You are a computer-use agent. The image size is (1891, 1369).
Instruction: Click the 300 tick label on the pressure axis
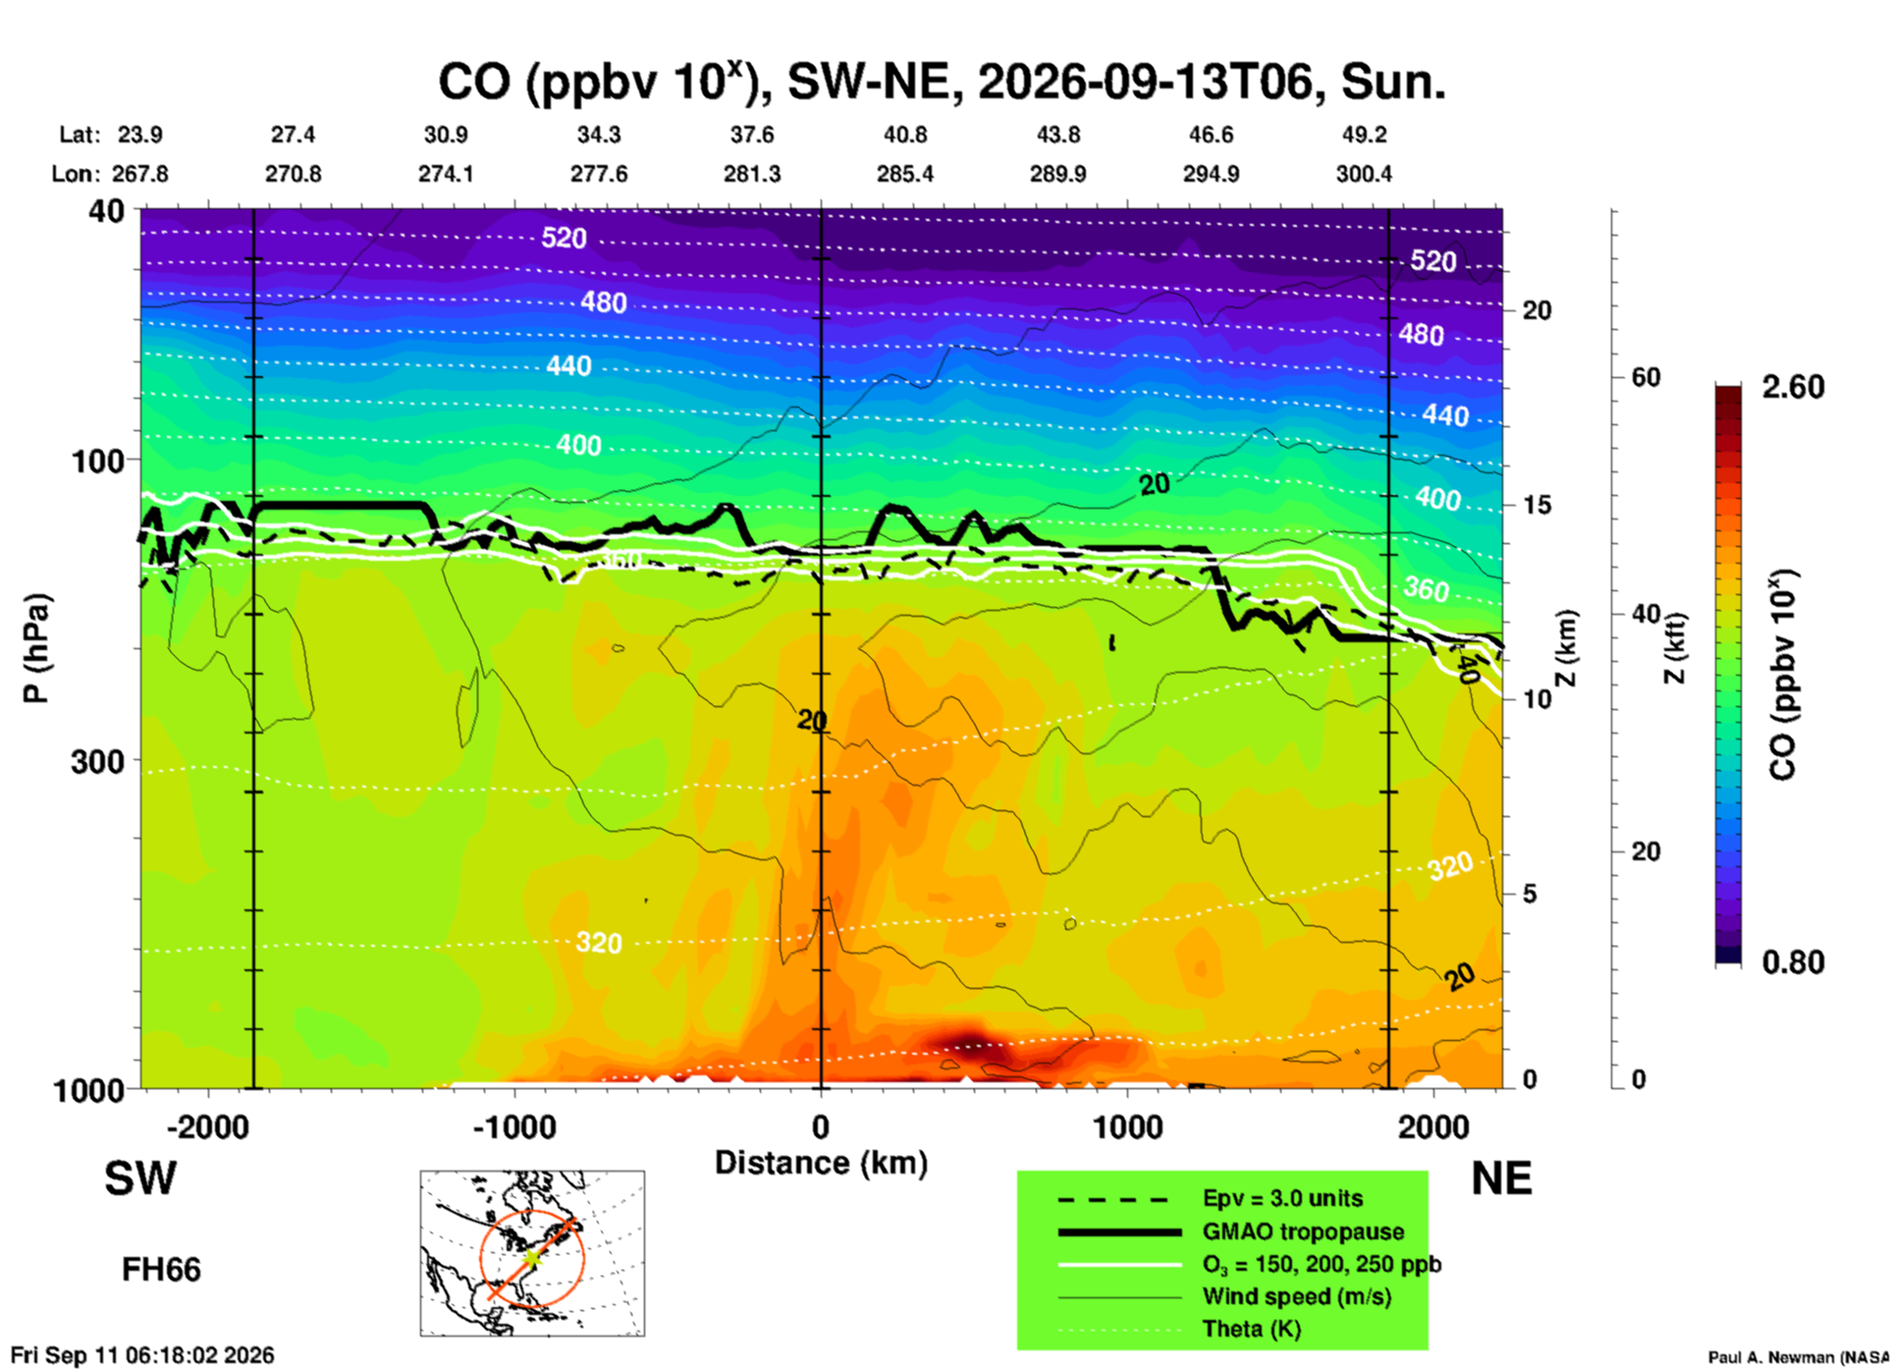coord(97,761)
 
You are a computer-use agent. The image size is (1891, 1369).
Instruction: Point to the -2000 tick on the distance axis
coord(208,1126)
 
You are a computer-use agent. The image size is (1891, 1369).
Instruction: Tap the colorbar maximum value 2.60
coord(1793,387)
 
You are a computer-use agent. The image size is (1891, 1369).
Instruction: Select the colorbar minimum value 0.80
coord(1793,962)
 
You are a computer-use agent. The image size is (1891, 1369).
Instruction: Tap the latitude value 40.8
coord(905,135)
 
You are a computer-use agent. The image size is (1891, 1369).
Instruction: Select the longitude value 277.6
coord(599,174)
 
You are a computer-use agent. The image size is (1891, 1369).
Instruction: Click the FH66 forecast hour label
coord(161,1270)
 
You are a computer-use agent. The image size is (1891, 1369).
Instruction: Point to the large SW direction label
coord(140,1178)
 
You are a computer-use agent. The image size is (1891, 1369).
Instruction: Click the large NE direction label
coord(1501,1178)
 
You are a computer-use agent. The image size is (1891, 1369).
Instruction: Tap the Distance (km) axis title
coord(821,1163)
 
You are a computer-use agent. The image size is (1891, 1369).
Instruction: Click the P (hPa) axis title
coord(35,648)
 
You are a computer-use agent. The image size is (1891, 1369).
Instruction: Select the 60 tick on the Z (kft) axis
coord(1646,377)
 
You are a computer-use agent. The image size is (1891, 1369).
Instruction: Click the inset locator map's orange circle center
coord(531,1256)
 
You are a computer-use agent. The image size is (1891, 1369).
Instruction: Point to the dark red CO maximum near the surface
coord(967,1043)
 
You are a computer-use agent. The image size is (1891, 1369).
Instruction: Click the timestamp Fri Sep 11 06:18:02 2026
coord(143,1355)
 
